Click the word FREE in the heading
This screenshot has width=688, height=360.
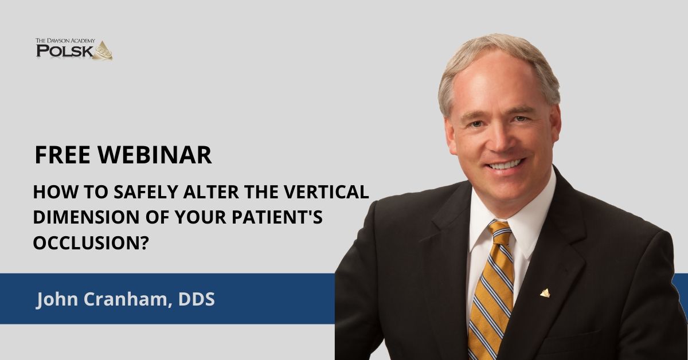pyautogui.click(x=62, y=155)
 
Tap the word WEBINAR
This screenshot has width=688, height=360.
pyautogui.click(x=155, y=155)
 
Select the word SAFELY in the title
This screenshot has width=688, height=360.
pyautogui.click(x=146, y=191)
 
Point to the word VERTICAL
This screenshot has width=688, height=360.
pyautogui.click(x=326, y=191)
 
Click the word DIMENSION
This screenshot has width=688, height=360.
pyautogui.click(x=87, y=217)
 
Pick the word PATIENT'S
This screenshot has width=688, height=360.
pyautogui.click(x=277, y=217)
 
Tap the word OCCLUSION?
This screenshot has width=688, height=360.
pyautogui.click(x=91, y=242)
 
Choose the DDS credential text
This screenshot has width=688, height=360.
pyautogui.click(x=197, y=299)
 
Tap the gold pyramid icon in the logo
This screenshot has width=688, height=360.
pyautogui.click(x=104, y=50)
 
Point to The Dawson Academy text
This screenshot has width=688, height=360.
pyautogui.click(x=65, y=41)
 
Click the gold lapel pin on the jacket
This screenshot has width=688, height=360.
pyautogui.click(x=545, y=293)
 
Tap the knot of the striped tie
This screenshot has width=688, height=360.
pyautogui.click(x=501, y=233)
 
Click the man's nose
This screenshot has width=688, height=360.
pyautogui.click(x=501, y=138)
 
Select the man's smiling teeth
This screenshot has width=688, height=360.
pyautogui.click(x=506, y=165)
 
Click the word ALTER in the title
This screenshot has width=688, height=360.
pyautogui.click(x=212, y=191)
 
